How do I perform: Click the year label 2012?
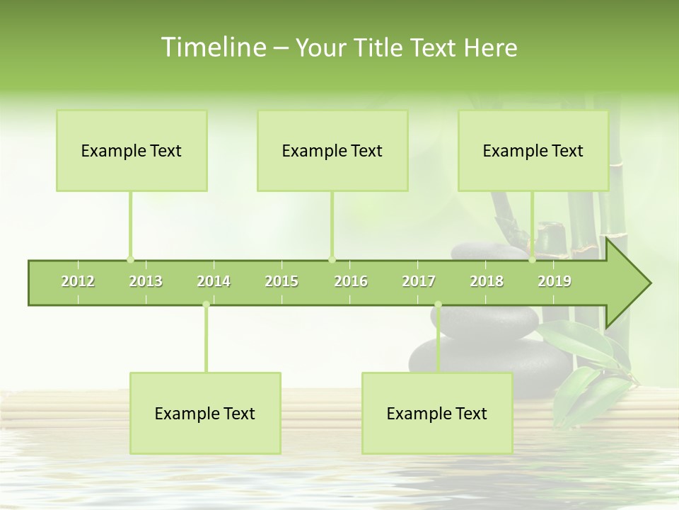click(x=78, y=281)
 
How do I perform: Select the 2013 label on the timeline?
click(x=146, y=281)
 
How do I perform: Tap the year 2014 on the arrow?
click(x=214, y=281)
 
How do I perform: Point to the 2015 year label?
click(x=282, y=281)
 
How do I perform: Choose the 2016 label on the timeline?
click(x=351, y=281)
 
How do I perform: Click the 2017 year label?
click(x=419, y=281)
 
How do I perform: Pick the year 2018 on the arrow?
click(x=487, y=281)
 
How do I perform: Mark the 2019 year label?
click(x=555, y=281)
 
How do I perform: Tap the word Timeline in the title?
click(x=212, y=47)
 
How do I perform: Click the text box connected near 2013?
click(x=132, y=150)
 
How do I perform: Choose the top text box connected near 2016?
click(x=332, y=150)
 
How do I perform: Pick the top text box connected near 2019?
click(x=533, y=150)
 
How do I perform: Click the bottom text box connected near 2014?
click(x=205, y=413)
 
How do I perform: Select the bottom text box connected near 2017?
click(x=437, y=413)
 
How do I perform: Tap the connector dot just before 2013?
click(x=130, y=259)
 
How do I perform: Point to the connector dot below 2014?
click(x=206, y=305)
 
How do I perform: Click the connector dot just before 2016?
click(x=332, y=259)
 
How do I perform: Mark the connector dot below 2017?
click(x=438, y=305)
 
